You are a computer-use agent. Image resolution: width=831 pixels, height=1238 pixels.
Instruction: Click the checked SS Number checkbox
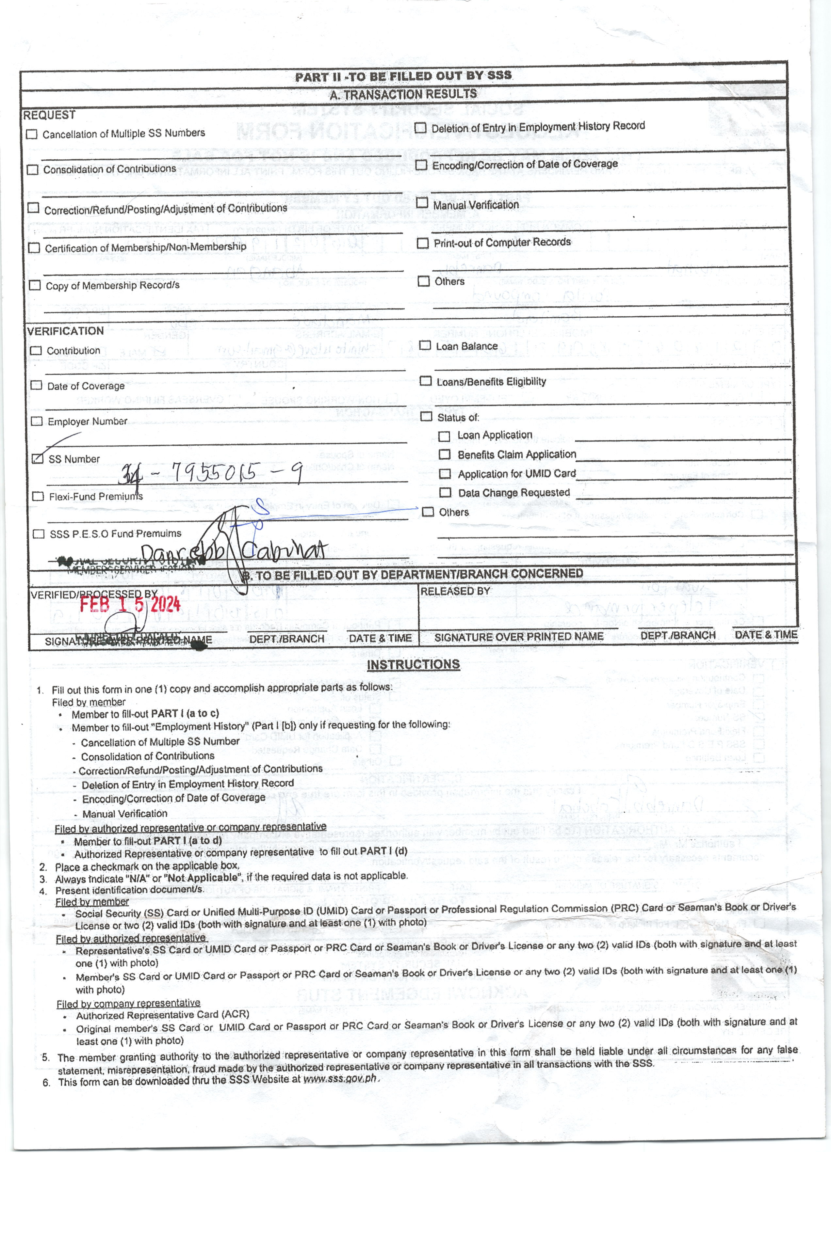[37, 458]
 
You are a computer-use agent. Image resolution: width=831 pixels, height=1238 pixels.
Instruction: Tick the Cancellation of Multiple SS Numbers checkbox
[32, 134]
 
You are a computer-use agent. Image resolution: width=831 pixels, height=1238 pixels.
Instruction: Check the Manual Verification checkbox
[422, 202]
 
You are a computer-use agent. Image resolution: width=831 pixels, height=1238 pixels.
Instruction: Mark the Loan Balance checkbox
[425, 345]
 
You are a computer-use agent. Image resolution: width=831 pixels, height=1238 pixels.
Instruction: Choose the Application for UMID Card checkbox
[445, 474]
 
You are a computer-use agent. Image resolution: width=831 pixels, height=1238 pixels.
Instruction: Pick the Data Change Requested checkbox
[446, 493]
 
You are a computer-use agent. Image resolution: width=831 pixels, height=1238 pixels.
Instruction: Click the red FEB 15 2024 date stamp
[130, 604]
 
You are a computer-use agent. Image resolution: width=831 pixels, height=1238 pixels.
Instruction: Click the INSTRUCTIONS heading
[414, 664]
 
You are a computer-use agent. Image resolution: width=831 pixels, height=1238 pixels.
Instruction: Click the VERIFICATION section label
[65, 331]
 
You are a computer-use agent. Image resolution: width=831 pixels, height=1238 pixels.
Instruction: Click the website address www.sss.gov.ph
[340, 1079]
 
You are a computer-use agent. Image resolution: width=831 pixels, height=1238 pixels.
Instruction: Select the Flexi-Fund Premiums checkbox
[38, 496]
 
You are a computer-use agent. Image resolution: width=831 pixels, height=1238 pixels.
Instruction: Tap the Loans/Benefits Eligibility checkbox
[425, 381]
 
